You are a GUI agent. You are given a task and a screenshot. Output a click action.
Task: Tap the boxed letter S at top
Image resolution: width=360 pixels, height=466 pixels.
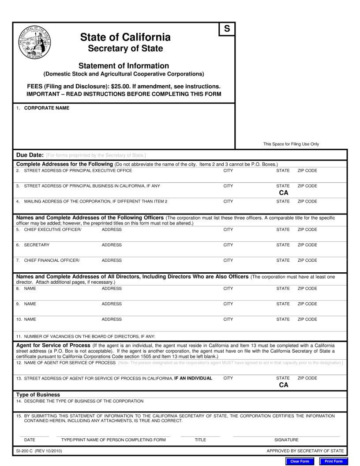(227, 29)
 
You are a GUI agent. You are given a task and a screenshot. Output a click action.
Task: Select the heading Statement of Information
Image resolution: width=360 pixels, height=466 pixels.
(124, 66)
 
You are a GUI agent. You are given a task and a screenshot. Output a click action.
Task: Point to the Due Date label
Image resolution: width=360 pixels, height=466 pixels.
(30, 155)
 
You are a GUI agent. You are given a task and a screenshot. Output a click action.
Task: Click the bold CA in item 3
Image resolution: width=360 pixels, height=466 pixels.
(283, 193)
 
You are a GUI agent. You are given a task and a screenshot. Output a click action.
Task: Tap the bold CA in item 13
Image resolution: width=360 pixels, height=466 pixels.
(283, 385)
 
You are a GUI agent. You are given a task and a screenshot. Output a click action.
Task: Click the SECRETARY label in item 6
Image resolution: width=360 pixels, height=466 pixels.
(37, 245)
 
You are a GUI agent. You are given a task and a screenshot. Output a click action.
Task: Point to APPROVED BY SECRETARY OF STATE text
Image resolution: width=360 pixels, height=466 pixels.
(305, 451)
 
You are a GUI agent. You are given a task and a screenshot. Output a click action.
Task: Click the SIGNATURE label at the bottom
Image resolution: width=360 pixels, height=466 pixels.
(286, 440)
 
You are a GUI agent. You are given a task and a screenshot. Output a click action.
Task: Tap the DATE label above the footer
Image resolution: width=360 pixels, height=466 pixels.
(30, 440)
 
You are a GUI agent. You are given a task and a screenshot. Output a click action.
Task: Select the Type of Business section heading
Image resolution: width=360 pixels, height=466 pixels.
(38, 395)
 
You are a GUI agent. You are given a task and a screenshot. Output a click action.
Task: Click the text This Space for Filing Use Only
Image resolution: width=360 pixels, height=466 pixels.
(291, 144)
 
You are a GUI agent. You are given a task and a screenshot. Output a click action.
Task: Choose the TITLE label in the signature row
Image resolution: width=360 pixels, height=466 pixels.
(200, 440)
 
